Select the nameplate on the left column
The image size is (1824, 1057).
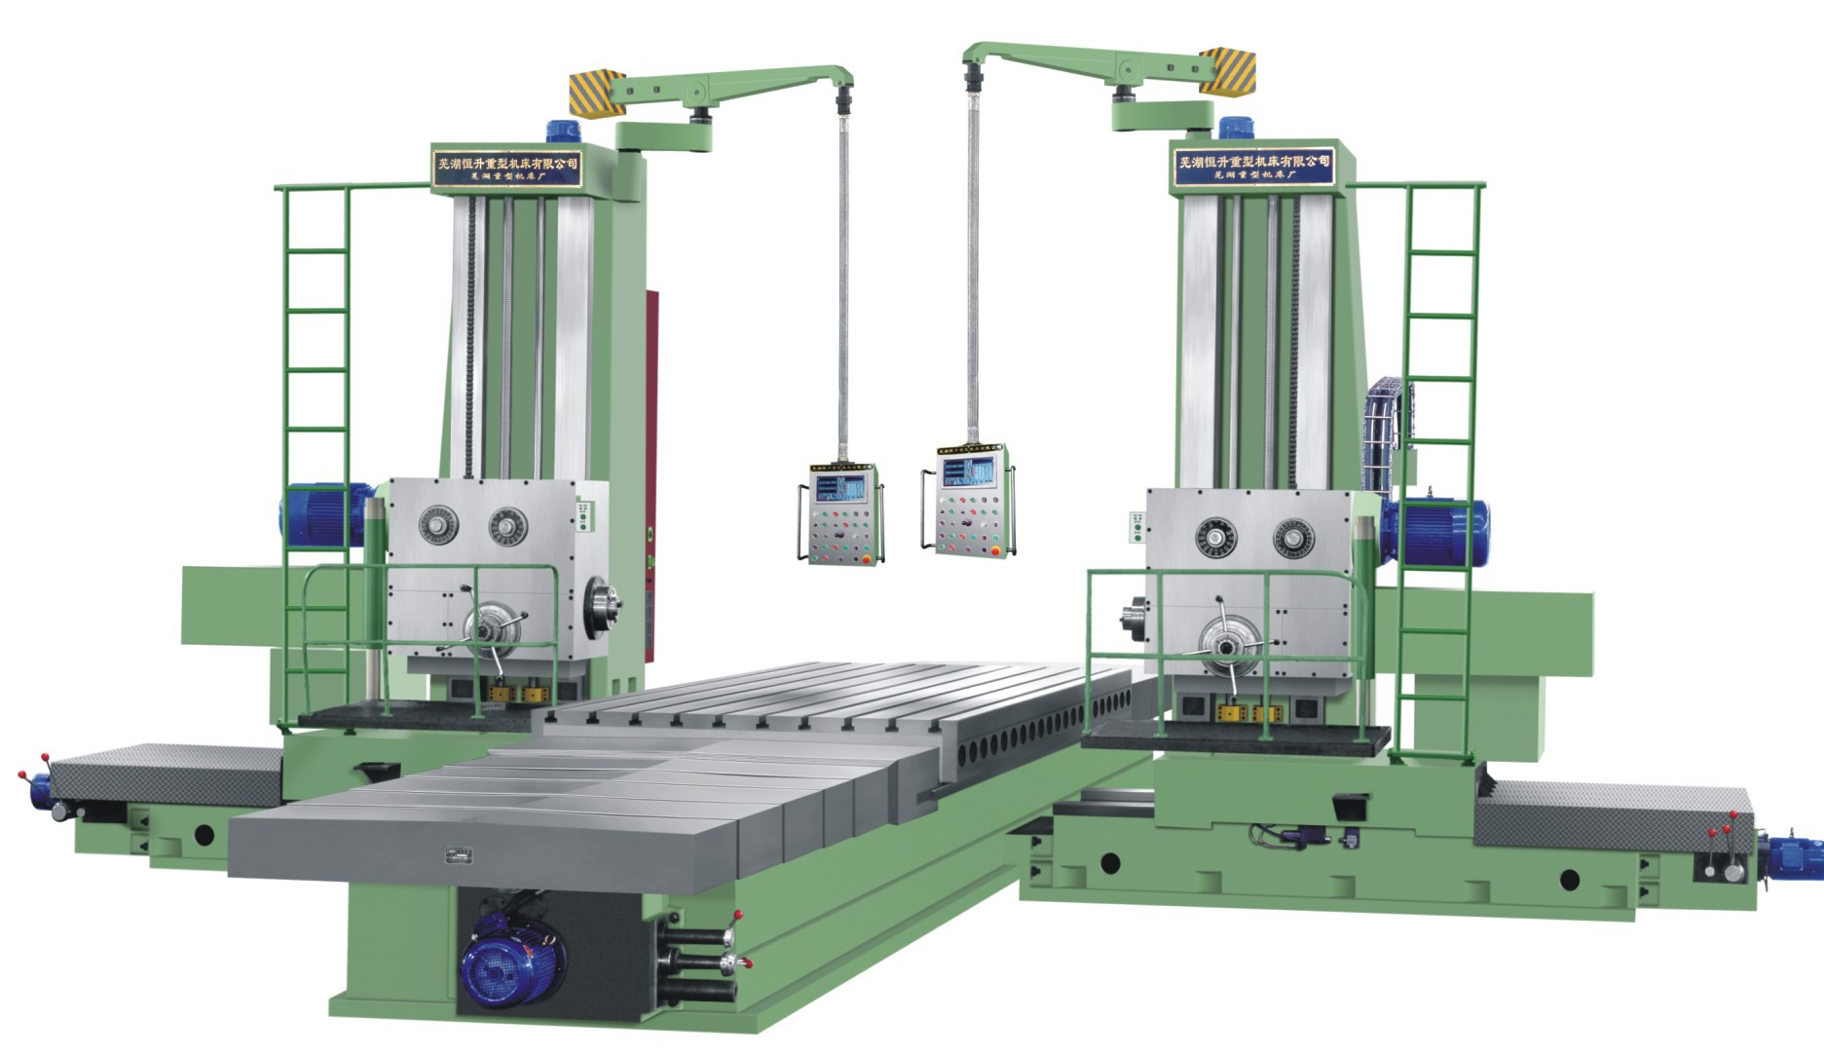point(505,167)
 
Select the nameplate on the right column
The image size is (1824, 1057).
point(1252,162)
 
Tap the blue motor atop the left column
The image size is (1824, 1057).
point(562,132)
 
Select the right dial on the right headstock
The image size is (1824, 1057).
point(1293,538)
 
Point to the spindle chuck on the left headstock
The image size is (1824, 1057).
point(599,599)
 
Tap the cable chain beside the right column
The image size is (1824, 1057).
point(1383,433)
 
